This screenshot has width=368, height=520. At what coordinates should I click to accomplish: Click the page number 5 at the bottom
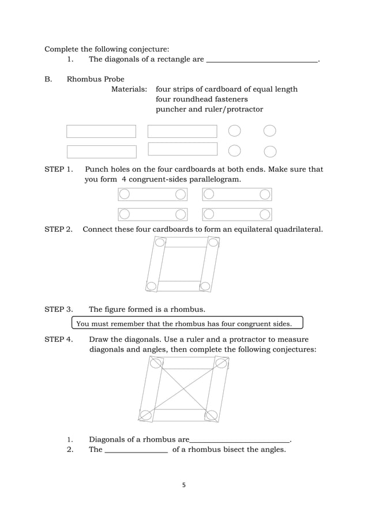tap(183, 485)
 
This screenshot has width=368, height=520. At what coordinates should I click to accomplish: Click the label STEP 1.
tap(58, 169)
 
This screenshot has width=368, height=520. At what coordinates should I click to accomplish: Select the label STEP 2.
tap(58, 229)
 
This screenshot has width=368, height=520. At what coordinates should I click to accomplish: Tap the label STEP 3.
tap(58, 309)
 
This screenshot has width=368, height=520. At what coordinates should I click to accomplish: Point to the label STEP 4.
tap(58, 339)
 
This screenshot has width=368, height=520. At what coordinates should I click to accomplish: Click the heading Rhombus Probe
tap(95, 79)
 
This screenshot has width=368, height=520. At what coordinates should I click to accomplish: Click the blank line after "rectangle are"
tap(262, 59)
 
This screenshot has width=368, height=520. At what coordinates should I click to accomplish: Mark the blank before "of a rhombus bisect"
tap(137, 450)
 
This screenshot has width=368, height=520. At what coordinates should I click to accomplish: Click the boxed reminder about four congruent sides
tap(187, 323)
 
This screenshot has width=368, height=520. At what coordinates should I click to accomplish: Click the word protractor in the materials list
tap(245, 109)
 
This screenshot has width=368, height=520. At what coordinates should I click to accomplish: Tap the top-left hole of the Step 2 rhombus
tap(160, 242)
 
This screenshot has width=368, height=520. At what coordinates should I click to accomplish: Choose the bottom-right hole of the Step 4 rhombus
tap(211, 415)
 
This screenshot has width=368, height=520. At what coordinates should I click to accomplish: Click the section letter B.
tap(48, 79)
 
